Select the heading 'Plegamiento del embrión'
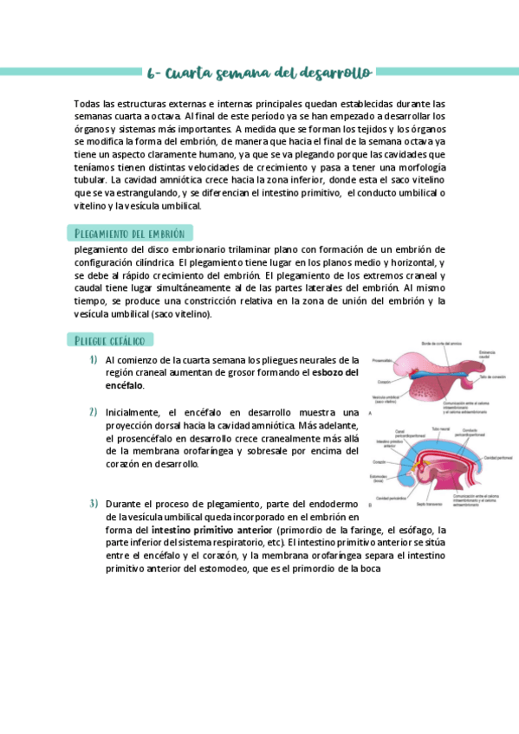[130, 234]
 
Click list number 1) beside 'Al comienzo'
[93, 360]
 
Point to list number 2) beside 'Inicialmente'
[93, 412]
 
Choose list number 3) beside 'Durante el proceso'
[93, 504]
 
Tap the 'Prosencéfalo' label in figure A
[382, 360]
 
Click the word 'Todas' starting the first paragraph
[88, 102]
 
